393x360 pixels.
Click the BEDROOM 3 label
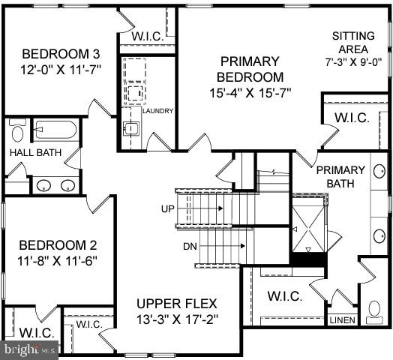(x=61, y=54)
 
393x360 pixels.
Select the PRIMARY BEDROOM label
(x=250, y=69)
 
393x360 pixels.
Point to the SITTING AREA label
(x=349, y=42)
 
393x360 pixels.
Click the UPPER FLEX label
(x=176, y=304)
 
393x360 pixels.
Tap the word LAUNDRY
(x=157, y=111)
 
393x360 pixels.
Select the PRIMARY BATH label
(x=340, y=176)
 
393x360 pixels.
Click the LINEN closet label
(x=343, y=320)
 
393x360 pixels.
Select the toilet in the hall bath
(x=18, y=131)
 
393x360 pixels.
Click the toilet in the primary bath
(x=374, y=310)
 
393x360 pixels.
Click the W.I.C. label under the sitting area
(x=349, y=118)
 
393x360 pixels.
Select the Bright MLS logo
(x=30, y=349)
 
